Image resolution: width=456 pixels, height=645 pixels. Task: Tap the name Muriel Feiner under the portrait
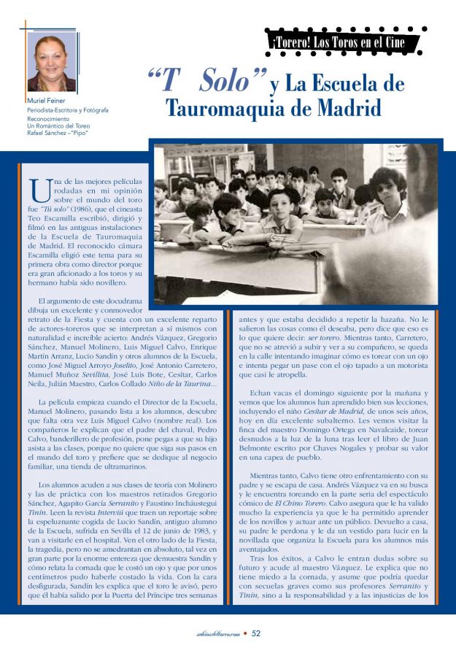coord(47,100)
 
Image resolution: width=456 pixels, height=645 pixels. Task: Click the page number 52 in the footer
coord(256,633)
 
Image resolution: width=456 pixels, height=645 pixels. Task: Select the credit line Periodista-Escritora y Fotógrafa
coord(68,110)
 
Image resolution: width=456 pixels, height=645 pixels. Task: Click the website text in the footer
coord(212,633)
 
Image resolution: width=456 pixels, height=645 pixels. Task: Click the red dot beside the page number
coord(246,633)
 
